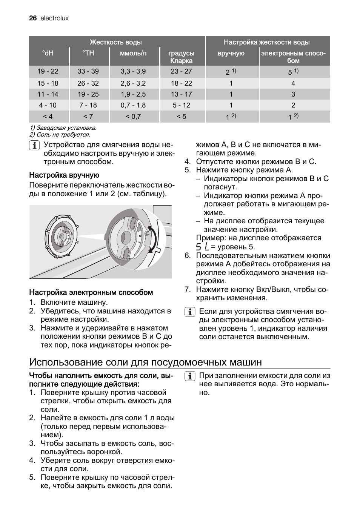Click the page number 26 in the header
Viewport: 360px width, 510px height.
click(32, 18)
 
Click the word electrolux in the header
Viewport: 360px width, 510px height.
click(54, 18)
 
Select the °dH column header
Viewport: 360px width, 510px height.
click(48, 53)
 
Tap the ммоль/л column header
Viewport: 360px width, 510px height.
click(133, 53)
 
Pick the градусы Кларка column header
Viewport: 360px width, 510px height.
click(181, 57)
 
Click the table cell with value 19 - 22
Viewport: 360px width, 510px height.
click(48, 71)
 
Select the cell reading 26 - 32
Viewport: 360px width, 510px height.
click(88, 83)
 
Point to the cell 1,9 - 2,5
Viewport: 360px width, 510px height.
click(133, 94)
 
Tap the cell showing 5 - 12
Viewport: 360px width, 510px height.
click(181, 105)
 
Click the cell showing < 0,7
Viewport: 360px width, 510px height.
click(133, 117)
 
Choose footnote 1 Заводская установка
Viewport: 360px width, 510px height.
click(63, 128)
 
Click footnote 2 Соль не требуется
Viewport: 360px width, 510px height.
click(60, 134)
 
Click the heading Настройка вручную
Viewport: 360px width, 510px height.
click(64, 175)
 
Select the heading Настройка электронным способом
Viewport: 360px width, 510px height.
click(91, 292)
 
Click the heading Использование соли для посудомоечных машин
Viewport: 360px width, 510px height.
click(145, 362)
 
